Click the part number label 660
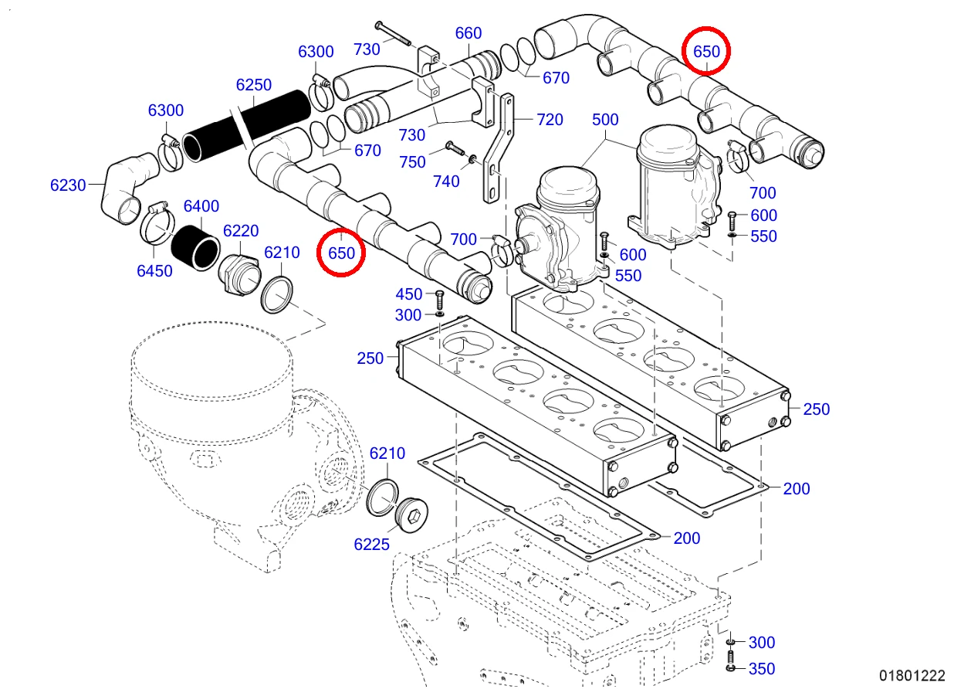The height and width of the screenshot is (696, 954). click(x=469, y=33)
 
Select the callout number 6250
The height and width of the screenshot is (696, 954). click(x=254, y=85)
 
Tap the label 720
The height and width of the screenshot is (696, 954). click(x=550, y=120)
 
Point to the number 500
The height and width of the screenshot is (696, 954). click(x=605, y=120)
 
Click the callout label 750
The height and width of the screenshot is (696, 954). click(x=412, y=162)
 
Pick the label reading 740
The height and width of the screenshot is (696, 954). click(x=446, y=182)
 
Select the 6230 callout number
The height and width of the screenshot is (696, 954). click(x=68, y=185)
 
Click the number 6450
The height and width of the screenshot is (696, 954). click(x=154, y=271)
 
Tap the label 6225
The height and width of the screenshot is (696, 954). click(x=372, y=545)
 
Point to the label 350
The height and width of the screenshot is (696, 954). click(x=762, y=669)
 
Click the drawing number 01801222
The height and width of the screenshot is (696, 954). click(x=912, y=676)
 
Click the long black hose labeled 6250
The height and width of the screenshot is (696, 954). click(x=247, y=125)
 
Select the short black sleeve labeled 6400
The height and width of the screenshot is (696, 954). click(x=195, y=248)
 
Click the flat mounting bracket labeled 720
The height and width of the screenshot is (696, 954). click(x=499, y=149)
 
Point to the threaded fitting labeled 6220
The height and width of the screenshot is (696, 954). click(x=239, y=273)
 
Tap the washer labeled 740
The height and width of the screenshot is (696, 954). click(x=472, y=159)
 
